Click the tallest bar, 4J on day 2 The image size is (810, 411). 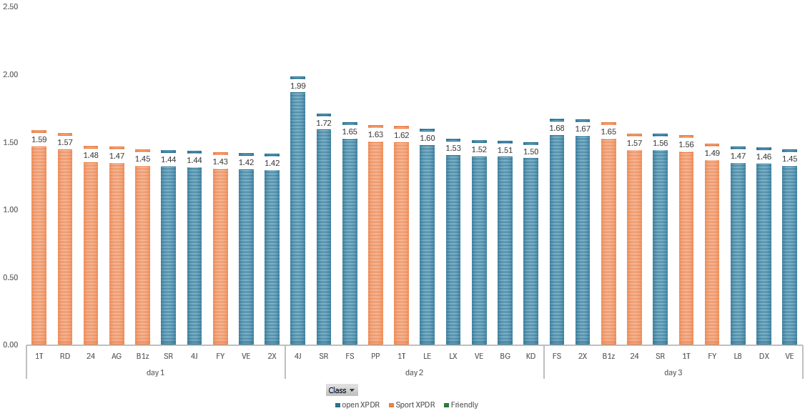click(297, 214)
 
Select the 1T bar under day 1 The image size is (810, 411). click(39, 243)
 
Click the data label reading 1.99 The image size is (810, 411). click(297, 86)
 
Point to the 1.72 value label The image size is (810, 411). click(324, 123)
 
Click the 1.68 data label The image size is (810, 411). click(557, 128)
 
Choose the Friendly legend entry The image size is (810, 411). click(464, 405)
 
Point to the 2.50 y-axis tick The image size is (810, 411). click(11, 6)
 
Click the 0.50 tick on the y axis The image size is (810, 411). click(11, 277)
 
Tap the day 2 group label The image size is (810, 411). click(415, 372)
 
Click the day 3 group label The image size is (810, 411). click(673, 372)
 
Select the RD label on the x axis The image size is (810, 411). click(65, 355)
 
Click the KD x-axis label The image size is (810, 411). click(530, 355)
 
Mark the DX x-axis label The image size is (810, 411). click(764, 355)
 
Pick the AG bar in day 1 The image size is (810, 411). click(117, 250)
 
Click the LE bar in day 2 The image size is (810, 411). click(427, 243)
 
